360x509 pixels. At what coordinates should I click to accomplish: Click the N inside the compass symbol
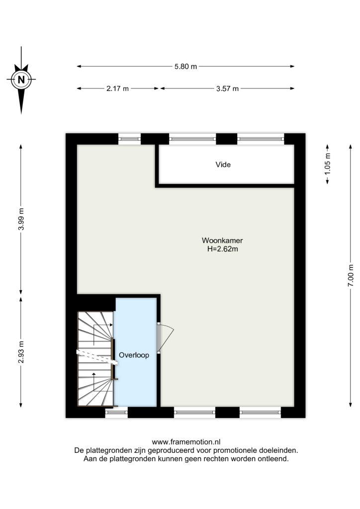click(21, 80)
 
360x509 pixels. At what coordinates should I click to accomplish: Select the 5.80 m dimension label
click(185, 67)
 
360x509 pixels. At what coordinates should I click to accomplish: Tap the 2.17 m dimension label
click(117, 88)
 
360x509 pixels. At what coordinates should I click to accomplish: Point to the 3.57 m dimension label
click(228, 88)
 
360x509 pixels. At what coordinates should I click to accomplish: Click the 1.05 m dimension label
click(327, 164)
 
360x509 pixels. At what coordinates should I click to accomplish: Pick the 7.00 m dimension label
click(351, 275)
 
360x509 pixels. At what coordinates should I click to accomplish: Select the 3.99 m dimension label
click(21, 219)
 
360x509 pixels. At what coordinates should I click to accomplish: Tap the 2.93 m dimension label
click(21, 352)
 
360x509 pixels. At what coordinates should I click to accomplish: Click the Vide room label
click(223, 165)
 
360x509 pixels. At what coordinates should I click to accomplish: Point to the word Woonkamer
click(222, 241)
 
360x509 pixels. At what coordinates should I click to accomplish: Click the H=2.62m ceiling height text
click(223, 249)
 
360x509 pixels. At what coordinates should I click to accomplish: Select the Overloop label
click(134, 355)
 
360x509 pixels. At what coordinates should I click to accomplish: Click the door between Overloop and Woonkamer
click(165, 338)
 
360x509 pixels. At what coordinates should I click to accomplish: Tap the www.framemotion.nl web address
click(186, 442)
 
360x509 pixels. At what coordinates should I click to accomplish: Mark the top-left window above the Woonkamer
click(129, 139)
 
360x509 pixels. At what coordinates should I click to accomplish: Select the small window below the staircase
click(116, 412)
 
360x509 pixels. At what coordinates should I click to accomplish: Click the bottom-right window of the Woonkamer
click(261, 412)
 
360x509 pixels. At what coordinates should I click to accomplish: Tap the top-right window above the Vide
click(261, 139)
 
